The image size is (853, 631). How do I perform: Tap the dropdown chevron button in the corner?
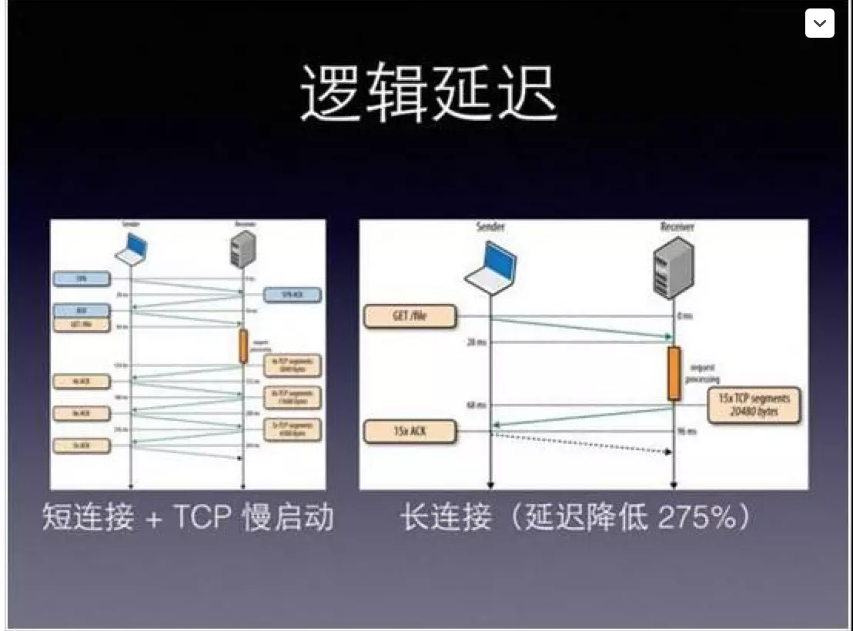pos(819,23)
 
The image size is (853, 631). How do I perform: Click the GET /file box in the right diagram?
pos(410,316)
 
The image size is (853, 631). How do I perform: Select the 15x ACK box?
pos(410,432)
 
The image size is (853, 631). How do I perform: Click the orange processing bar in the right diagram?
pos(674,373)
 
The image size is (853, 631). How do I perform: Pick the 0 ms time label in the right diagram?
pos(686,315)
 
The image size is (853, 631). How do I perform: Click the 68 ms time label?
pos(475,405)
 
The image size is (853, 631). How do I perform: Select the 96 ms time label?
pos(687,432)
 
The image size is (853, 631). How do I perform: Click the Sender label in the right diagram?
pos(490,227)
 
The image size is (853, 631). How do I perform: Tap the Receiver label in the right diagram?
pos(675,227)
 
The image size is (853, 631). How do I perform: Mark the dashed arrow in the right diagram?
pos(581,442)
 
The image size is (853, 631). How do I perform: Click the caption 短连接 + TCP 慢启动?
pos(188,518)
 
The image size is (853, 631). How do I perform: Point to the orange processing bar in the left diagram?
pos(243,346)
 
